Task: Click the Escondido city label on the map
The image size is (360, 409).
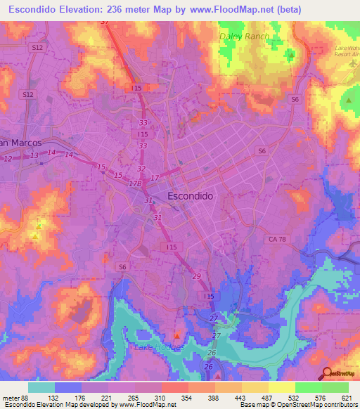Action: (192, 196)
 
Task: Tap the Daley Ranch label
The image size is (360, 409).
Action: (244, 35)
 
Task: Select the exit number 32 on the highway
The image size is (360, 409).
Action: (141, 169)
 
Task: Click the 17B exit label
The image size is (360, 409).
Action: (136, 183)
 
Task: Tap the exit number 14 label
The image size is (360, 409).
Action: (68, 154)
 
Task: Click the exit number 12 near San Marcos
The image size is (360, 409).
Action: (8, 160)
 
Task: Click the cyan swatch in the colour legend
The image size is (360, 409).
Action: (41, 387)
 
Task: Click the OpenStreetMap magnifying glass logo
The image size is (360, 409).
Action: (327, 374)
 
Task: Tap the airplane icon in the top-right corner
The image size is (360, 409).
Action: (352, 63)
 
